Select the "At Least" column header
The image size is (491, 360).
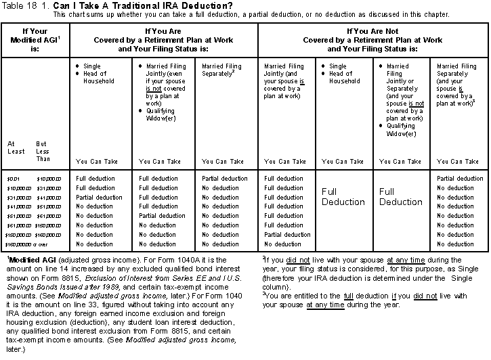click(16, 147)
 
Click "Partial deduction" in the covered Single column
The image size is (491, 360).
click(99, 198)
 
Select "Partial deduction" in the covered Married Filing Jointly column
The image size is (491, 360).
click(163, 216)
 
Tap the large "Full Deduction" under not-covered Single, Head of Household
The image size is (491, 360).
click(343, 197)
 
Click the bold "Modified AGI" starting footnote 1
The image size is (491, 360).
click(31, 261)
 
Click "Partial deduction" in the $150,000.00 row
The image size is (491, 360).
click(287, 234)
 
